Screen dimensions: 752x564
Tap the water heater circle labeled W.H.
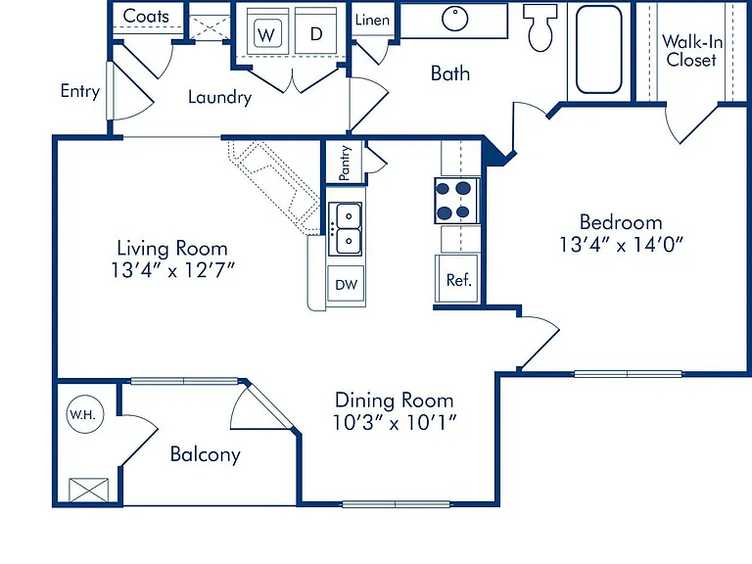coord(85,414)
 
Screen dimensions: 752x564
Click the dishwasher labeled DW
coord(346,284)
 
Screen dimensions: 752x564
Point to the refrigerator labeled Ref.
coord(457,279)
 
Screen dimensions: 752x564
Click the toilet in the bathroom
coord(540,26)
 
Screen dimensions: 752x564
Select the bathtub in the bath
coord(598,49)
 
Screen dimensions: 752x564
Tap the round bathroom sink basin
coord(454,19)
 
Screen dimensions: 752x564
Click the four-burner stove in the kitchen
coord(456,201)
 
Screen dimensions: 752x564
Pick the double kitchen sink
coord(346,229)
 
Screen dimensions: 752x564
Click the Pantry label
coord(345,164)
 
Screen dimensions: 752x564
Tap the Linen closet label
coord(372,20)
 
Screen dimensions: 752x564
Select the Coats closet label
coord(146,16)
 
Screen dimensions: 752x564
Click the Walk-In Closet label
coord(692,50)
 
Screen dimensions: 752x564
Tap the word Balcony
coord(206,454)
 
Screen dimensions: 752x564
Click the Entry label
coord(80,91)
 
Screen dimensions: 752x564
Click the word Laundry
coord(219,97)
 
